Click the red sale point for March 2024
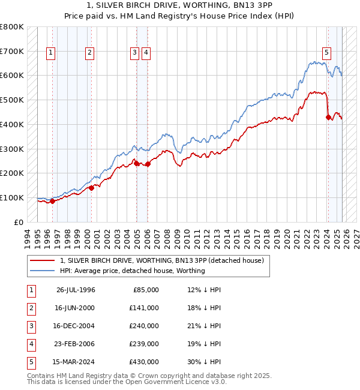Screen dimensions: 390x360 click(328, 117)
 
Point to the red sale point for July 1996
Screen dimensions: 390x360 click(52, 201)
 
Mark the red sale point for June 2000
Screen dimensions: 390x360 click(91, 187)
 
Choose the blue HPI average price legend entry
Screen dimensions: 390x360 click(132, 271)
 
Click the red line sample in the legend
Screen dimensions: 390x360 click(43, 260)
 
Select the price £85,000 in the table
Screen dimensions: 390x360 click(145, 290)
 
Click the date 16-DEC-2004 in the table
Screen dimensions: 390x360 click(76, 326)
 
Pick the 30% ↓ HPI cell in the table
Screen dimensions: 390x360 click(204, 362)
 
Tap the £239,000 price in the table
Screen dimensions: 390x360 click(143, 344)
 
